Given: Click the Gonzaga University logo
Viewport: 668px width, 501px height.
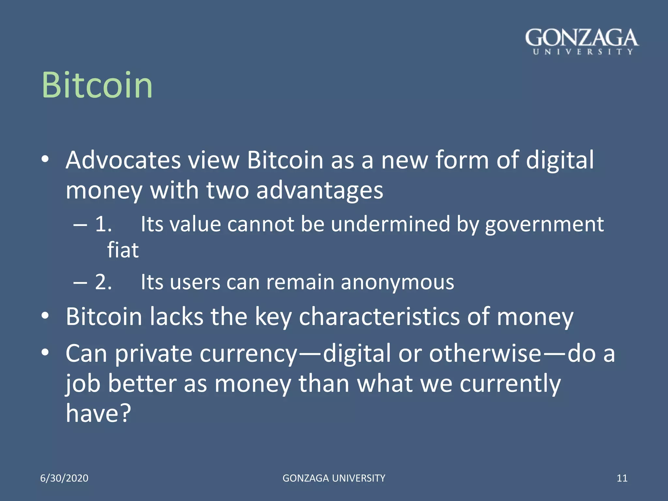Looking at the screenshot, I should [582, 41].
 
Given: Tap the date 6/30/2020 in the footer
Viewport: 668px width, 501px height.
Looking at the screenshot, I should [64, 478].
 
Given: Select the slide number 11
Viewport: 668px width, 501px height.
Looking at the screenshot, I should [622, 478].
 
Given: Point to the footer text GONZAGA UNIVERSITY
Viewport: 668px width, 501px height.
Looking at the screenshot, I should [334, 478].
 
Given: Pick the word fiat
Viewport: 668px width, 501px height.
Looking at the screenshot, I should [123, 250].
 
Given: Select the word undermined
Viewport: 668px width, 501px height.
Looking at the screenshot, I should [390, 224].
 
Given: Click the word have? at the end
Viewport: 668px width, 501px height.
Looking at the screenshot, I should [98, 413].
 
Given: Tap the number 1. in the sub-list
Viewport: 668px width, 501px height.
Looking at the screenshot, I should [103, 224].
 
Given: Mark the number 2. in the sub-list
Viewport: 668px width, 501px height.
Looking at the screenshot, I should [103, 282].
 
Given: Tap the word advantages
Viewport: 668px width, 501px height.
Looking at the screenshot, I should [320, 190].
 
